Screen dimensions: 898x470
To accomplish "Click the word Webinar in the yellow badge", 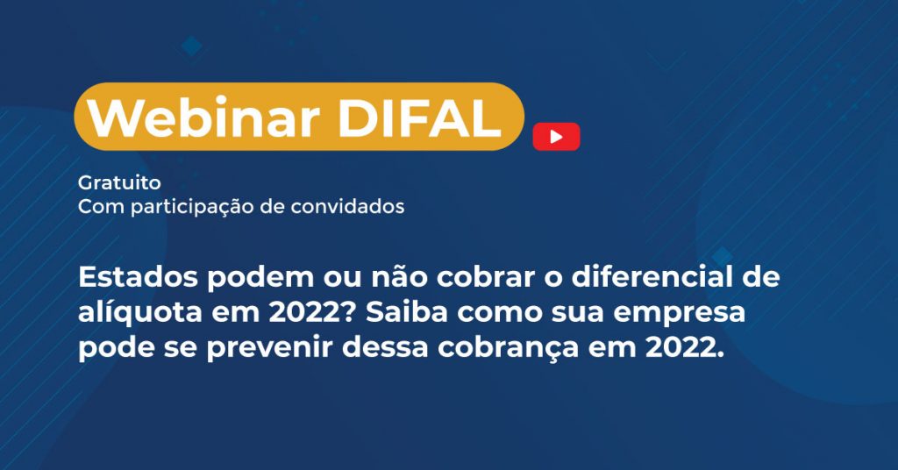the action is [x=203, y=117].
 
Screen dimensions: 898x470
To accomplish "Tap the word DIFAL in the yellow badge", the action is [x=420, y=117].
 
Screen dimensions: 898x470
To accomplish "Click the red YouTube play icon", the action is [x=556, y=137].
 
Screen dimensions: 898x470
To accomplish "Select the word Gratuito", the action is [x=119, y=182].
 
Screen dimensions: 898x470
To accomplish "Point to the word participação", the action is [x=192, y=207].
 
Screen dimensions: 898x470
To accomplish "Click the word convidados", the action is [x=347, y=206].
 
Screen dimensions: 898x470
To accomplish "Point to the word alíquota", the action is [x=139, y=312].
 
